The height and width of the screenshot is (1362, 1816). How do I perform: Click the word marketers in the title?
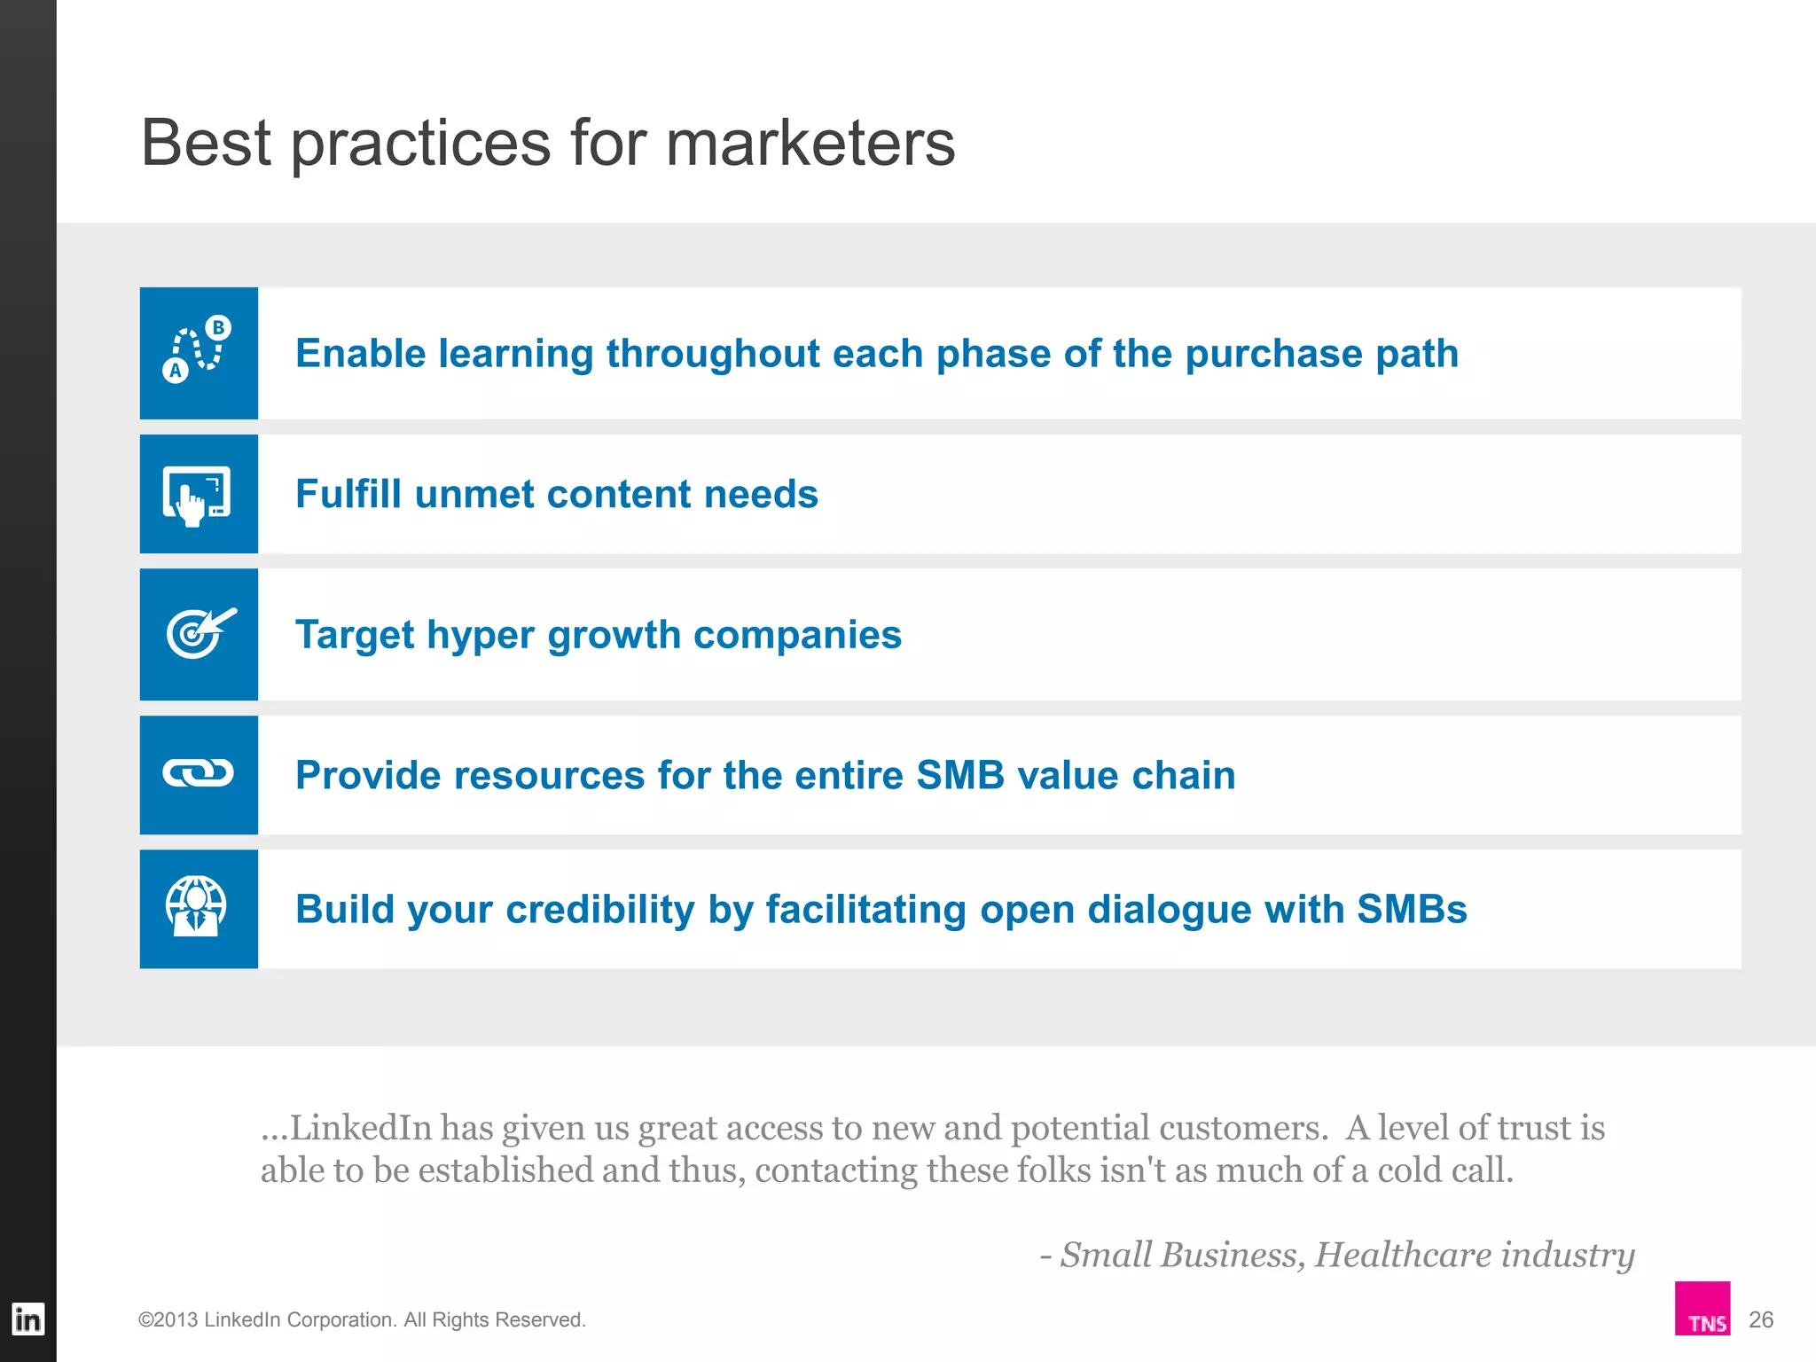point(810,144)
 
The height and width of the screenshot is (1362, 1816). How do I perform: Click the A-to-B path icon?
point(198,351)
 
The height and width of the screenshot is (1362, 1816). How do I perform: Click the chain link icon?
point(199,773)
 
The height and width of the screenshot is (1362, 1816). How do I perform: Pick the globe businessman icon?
point(197,907)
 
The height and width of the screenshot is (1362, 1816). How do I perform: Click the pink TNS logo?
point(1702,1309)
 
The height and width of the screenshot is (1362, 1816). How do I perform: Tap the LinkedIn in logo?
point(27,1319)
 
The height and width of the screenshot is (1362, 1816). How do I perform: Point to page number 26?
point(1760,1319)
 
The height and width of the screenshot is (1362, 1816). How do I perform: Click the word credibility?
point(599,910)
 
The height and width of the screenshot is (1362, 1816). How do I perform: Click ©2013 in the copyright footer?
point(168,1319)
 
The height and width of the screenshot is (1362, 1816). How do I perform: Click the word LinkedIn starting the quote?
point(360,1128)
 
